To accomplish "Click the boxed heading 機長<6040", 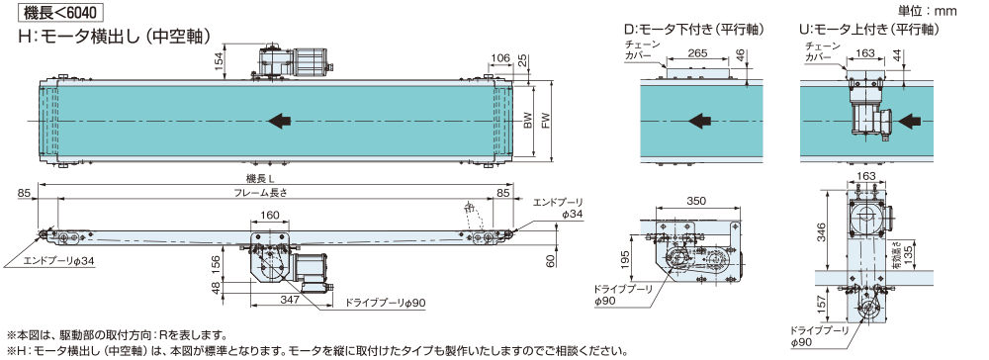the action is pyautogui.click(x=60, y=11).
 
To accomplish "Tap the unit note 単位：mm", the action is pyautogui.click(x=931, y=11).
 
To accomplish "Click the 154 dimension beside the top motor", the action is pyautogui.click(x=219, y=62).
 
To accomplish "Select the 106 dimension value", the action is pyautogui.click(x=500, y=58).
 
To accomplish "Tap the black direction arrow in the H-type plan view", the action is pyautogui.click(x=279, y=121).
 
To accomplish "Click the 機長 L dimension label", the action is pyautogui.click(x=258, y=178).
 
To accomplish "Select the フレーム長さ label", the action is pyautogui.click(x=267, y=193).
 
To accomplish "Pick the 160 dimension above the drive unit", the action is pyautogui.click(x=269, y=216).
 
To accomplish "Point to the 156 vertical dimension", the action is pyautogui.click(x=217, y=265).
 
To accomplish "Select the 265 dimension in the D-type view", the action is pyautogui.click(x=697, y=53).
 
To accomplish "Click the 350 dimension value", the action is pyautogui.click(x=695, y=201).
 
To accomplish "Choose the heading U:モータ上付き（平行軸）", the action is pyautogui.click(x=869, y=29).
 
